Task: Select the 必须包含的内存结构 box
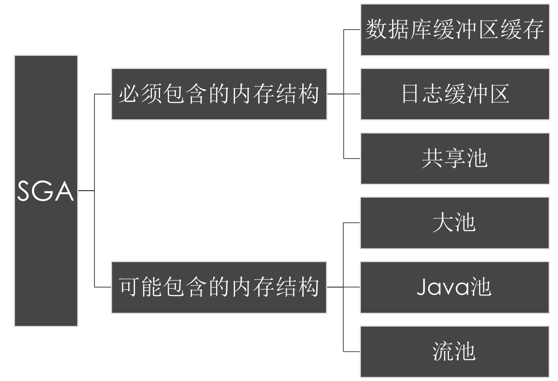tap(219, 94)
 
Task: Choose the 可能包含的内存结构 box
tap(219, 287)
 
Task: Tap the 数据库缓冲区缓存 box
tap(455, 30)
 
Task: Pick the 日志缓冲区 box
tap(455, 94)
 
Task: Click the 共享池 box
tap(455, 159)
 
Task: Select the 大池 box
tap(455, 223)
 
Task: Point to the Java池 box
tap(455, 287)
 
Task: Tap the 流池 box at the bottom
tap(455, 351)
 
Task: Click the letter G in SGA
tap(45, 191)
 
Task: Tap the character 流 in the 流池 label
tap(443, 351)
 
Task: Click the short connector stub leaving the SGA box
tap(86, 191)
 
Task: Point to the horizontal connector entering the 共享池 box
tap(352, 159)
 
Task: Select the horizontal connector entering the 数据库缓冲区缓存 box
tap(352, 30)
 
